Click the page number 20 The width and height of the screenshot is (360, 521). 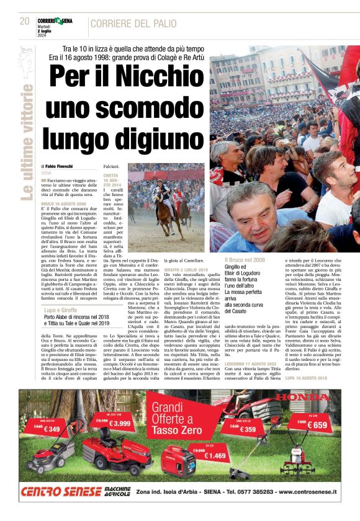click(24, 21)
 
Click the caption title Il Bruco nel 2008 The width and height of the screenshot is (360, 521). click(245, 260)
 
